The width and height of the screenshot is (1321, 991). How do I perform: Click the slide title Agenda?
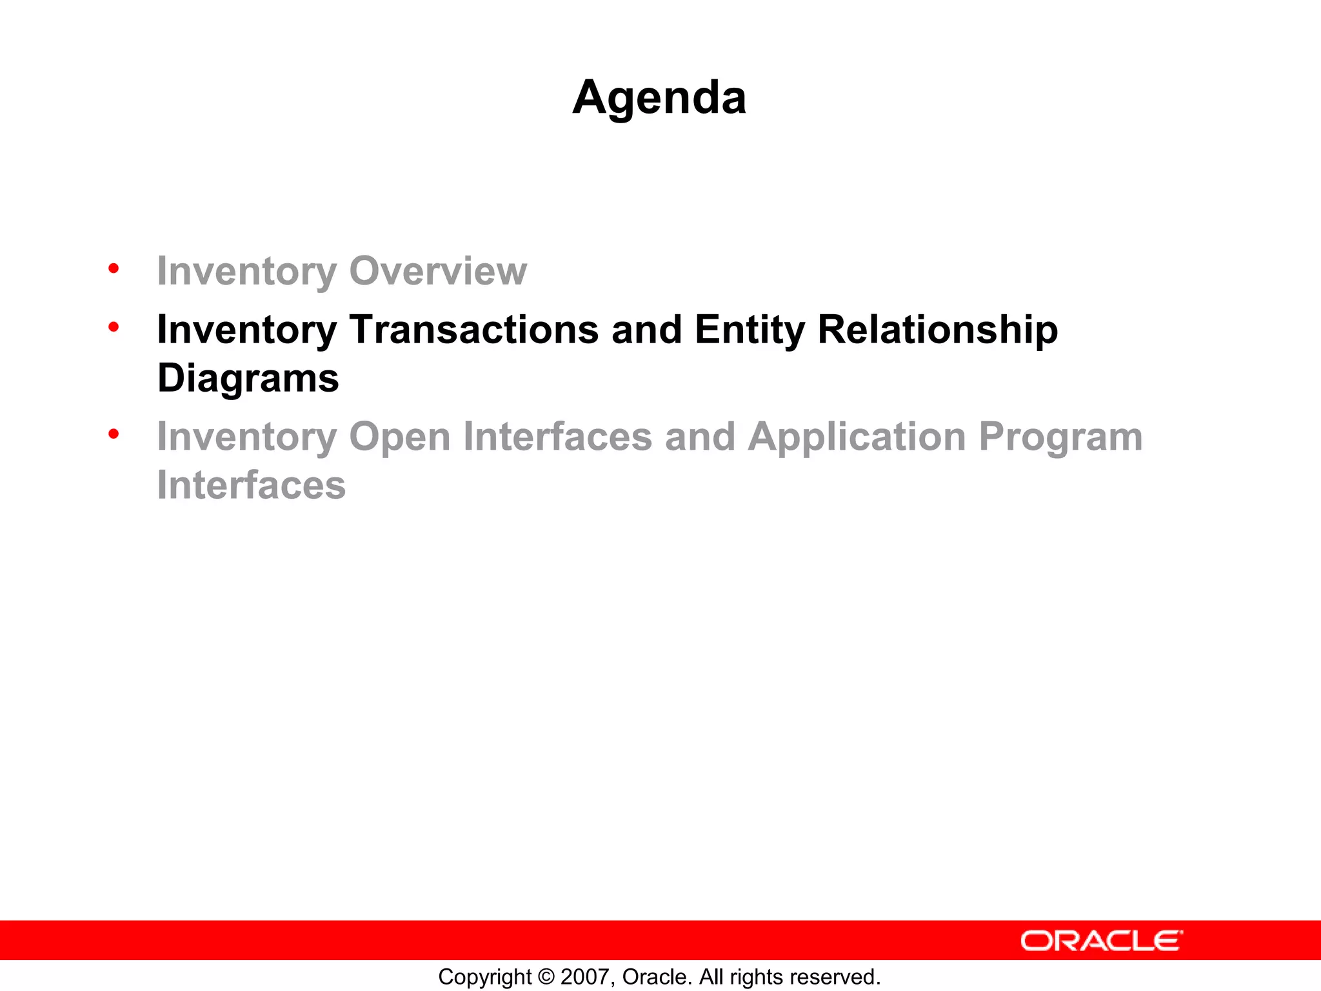coord(659,98)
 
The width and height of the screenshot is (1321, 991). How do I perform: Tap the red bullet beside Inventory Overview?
coord(114,268)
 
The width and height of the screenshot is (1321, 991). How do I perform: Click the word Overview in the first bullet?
coord(438,271)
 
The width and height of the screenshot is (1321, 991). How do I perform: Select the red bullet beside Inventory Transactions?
coord(114,327)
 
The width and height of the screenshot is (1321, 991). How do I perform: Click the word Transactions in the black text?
coord(474,330)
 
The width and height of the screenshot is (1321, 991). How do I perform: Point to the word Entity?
coord(750,331)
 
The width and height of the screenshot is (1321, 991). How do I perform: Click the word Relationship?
coord(937,331)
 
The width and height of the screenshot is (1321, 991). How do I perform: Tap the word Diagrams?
coord(248,379)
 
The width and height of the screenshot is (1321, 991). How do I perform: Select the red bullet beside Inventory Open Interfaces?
coord(114,434)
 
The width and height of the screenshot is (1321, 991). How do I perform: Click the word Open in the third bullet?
coord(399,438)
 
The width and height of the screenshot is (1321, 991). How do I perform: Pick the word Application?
coord(857,438)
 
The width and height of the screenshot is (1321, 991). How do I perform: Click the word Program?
coord(1060,438)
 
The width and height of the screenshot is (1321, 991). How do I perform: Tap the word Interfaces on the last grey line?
coord(252,486)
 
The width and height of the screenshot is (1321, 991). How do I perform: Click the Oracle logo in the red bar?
coord(1101,941)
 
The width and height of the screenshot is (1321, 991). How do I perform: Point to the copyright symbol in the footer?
coord(546,977)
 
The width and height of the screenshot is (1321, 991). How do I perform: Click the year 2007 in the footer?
coord(586,977)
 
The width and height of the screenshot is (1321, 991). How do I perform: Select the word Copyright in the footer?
coord(484,977)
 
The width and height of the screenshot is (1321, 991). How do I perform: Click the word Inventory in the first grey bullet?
coord(246,271)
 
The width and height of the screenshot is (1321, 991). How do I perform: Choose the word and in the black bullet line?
coord(646,330)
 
